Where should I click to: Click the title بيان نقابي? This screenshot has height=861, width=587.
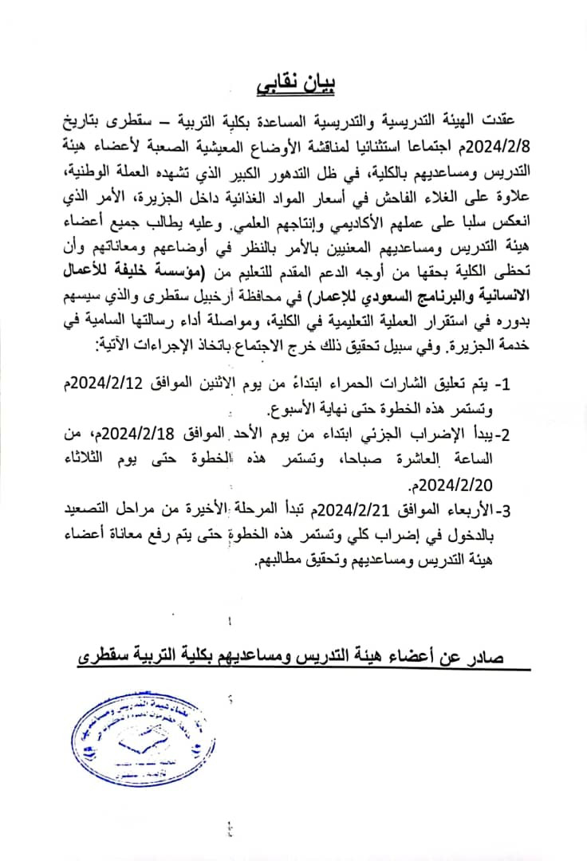(x=293, y=82)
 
